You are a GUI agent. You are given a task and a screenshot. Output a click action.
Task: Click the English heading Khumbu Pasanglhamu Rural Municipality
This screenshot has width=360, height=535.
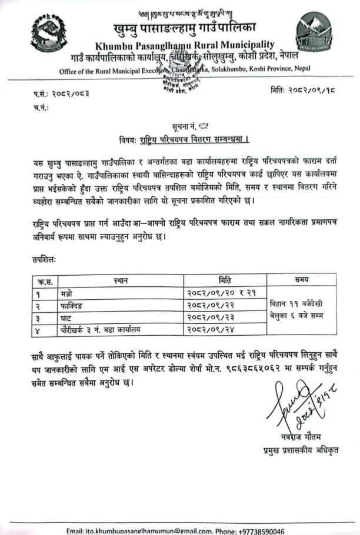click(x=183, y=45)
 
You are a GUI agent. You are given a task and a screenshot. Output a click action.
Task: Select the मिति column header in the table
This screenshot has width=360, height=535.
click(x=224, y=280)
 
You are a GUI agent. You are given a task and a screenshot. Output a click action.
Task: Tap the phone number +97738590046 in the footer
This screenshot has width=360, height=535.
click(x=258, y=531)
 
